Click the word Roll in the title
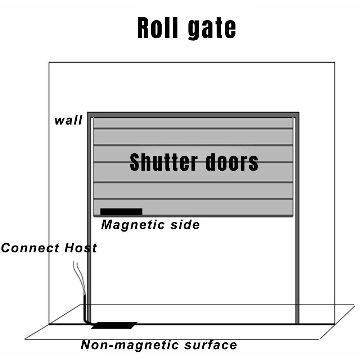tap(159, 28)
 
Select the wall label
tap(68, 120)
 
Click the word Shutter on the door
tap(162, 162)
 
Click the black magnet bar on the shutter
tap(121, 211)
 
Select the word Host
tap(81, 248)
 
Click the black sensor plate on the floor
tap(114, 325)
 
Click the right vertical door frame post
tap(297, 223)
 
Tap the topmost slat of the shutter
tap(193, 123)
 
